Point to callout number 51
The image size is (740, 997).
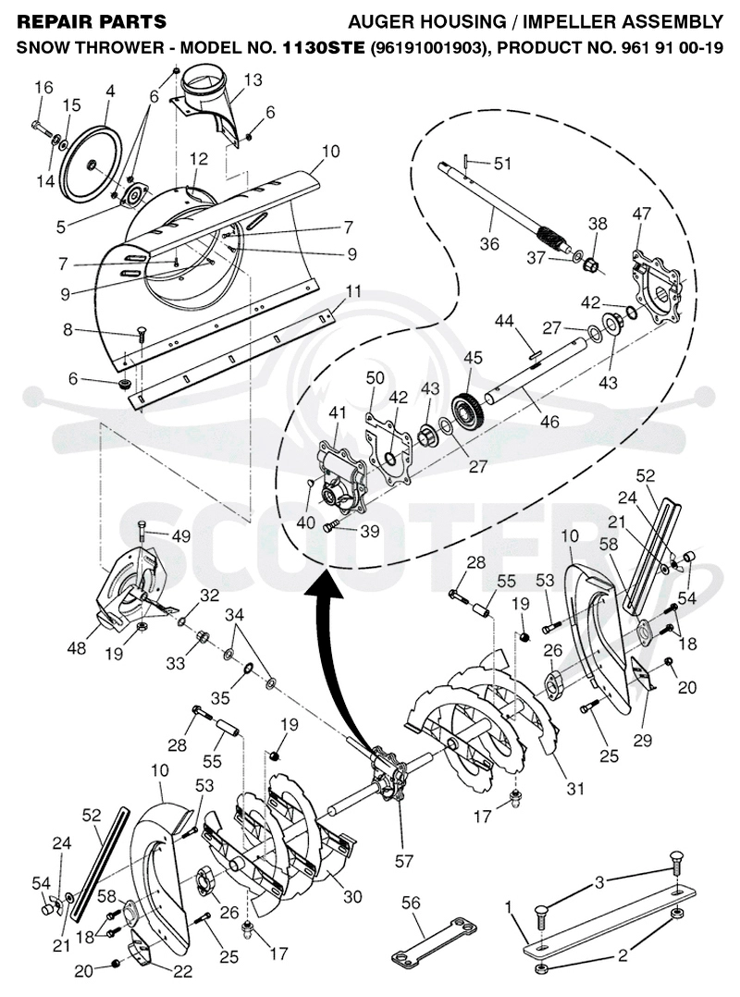(502, 164)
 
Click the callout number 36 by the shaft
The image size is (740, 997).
(489, 243)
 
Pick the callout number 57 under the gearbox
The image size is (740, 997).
(404, 861)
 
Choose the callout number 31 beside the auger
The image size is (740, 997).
(574, 788)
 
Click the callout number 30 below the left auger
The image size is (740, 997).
(352, 896)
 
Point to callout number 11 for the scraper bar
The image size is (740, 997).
(353, 292)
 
